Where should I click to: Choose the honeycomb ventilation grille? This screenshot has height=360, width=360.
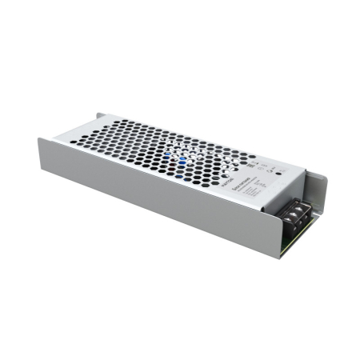160,144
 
